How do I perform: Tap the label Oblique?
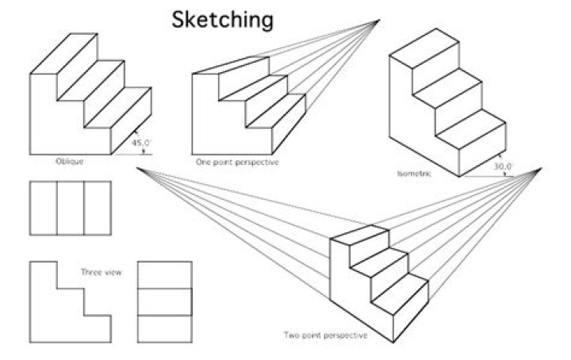[x=69, y=162]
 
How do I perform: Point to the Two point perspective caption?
[x=326, y=335]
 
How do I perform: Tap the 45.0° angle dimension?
[x=144, y=144]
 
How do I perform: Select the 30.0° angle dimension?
[x=503, y=167]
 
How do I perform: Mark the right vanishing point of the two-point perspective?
[x=542, y=168]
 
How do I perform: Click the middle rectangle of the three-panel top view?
[x=71, y=209]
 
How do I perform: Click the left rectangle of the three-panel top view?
[x=43, y=209]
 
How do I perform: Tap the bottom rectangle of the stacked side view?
[x=165, y=329]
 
